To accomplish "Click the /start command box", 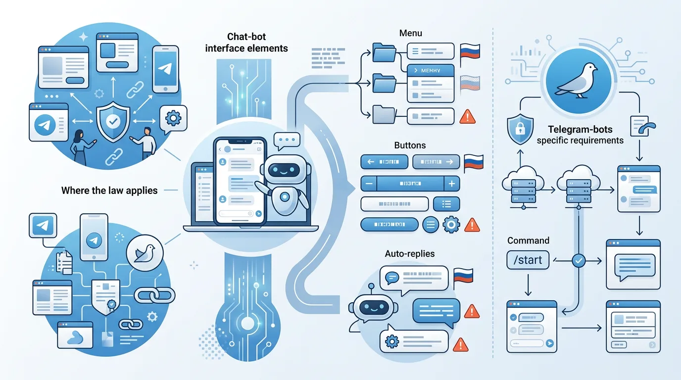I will pyautogui.click(x=528, y=260).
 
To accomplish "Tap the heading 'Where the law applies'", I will pyautogui.click(x=109, y=190).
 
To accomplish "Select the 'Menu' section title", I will pyautogui.click(x=410, y=33).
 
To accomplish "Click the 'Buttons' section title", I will pyautogui.click(x=410, y=145).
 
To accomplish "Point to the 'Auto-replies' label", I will pyautogui.click(x=410, y=253).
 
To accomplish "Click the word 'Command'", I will pyautogui.click(x=528, y=240).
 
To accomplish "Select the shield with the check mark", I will pyautogui.click(x=113, y=119).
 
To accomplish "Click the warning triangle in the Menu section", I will pyautogui.click(x=467, y=117).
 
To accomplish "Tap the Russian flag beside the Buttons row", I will pyautogui.click(x=473, y=162).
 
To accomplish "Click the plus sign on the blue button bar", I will pyautogui.click(x=451, y=184).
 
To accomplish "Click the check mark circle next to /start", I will pyautogui.click(x=578, y=259).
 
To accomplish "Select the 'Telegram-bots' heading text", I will pyautogui.click(x=580, y=130).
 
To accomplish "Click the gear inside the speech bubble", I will pyautogui.click(x=173, y=118).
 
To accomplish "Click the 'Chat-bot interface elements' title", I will pyautogui.click(x=246, y=42).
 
